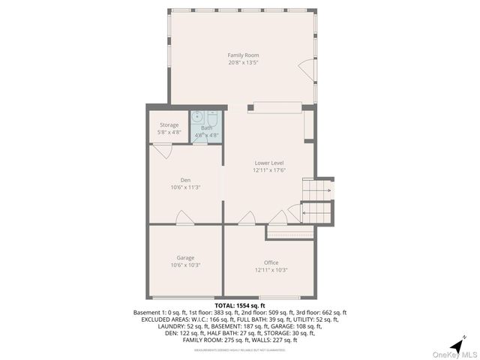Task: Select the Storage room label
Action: pos(169,125)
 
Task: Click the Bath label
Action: pos(206,128)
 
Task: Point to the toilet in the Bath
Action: pos(211,118)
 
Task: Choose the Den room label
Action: pos(185,180)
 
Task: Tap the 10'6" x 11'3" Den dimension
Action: pos(185,187)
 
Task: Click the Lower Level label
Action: pos(268,163)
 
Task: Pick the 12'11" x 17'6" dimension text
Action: pos(268,170)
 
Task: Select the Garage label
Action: pos(185,258)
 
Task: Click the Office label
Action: pos(271,262)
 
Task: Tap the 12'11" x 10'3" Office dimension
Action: pos(271,270)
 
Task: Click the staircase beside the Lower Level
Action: pos(316,200)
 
